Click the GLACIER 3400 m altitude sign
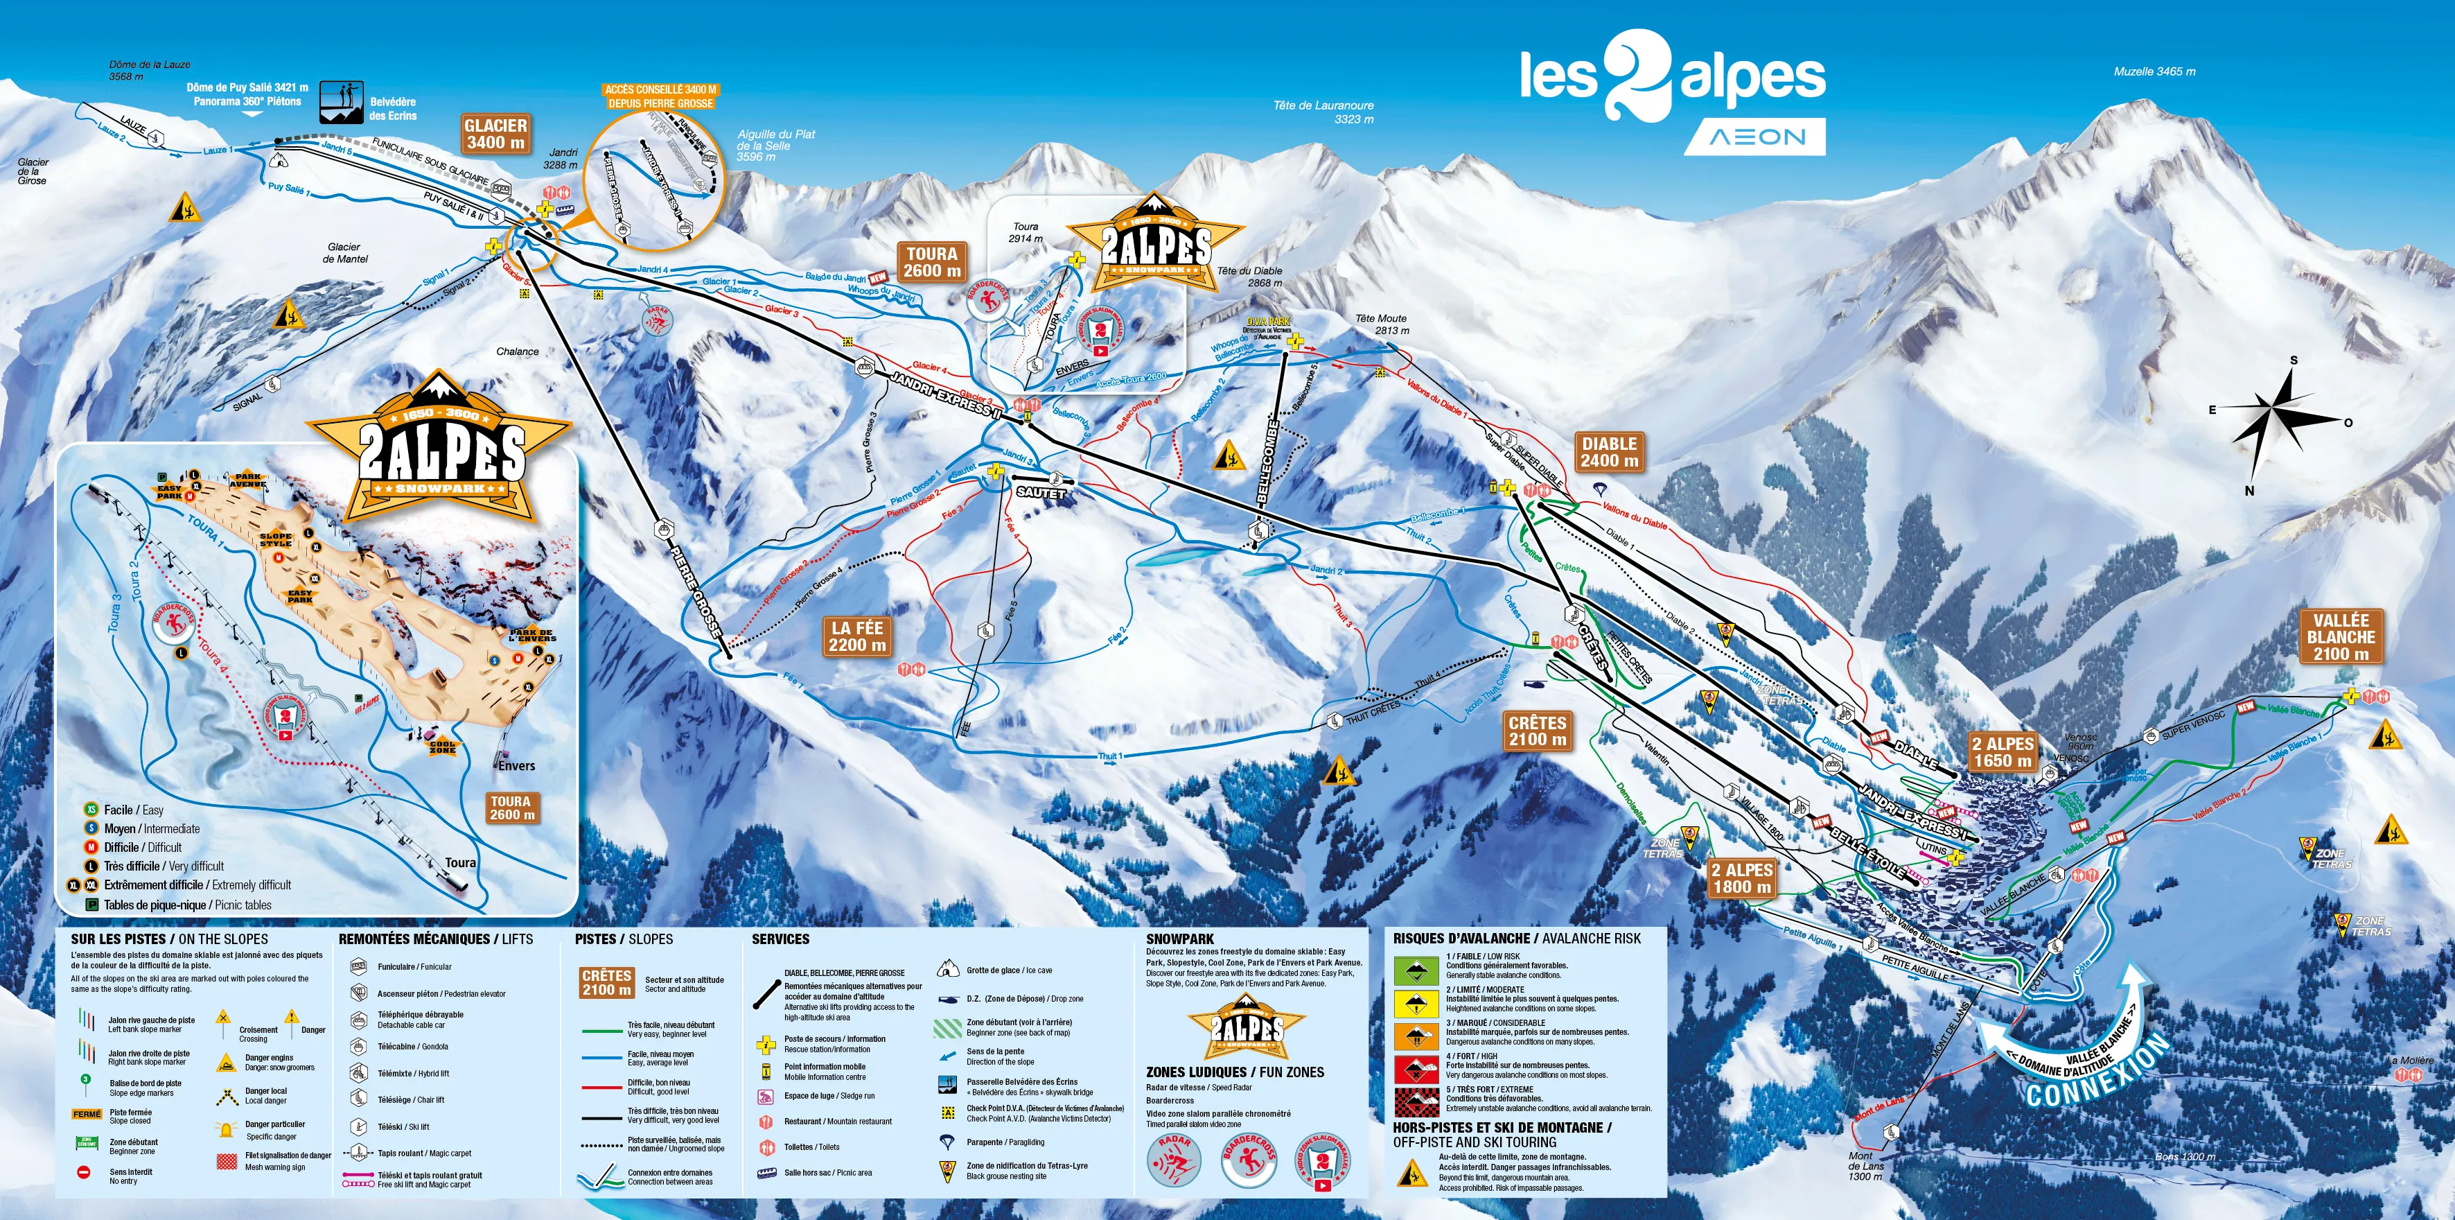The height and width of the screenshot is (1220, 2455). [495, 133]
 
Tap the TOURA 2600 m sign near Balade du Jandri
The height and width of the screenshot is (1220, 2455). [931, 262]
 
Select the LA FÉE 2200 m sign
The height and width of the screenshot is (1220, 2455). [856, 636]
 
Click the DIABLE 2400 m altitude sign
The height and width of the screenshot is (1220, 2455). [1609, 452]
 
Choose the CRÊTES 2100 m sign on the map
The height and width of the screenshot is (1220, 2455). [1536, 731]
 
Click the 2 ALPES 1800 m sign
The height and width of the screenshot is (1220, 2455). [1741, 878]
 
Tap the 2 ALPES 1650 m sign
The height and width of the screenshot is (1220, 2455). [2003, 752]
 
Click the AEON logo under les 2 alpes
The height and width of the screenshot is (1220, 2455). [1755, 137]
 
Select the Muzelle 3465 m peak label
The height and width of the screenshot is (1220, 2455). [2154, 71]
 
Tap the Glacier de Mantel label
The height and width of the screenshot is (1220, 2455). [344, 252]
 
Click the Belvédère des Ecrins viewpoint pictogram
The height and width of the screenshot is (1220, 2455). [340, 102]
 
